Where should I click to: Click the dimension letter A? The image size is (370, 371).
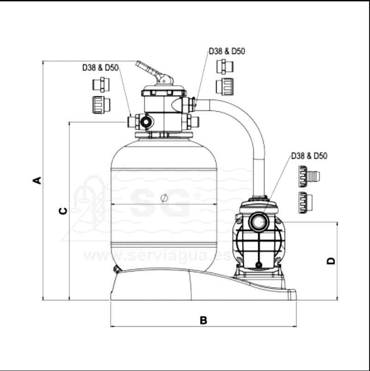[37, 180]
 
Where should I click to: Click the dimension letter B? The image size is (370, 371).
[203, 320]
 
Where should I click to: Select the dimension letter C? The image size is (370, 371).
[63, 210]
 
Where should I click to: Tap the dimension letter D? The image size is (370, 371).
[331, 261]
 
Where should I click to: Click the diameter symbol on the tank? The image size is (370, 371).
[164, 198]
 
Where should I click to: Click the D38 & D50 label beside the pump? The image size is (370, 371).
[309, 156]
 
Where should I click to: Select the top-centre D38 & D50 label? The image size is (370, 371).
[227, 51]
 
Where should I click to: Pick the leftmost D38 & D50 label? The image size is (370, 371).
[100, 68]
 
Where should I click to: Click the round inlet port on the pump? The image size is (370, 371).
[258, 222]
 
